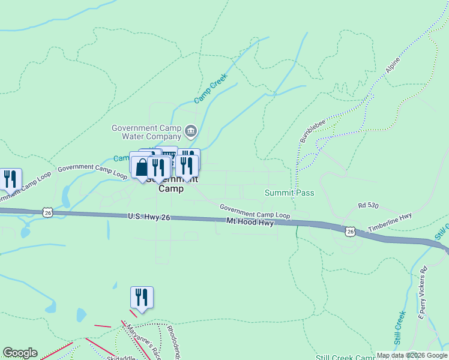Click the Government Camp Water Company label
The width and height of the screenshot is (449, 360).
(x=146, y=131)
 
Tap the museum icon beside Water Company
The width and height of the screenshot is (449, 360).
(x=191, y=130)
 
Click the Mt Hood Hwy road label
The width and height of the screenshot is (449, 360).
(x=250, y=222)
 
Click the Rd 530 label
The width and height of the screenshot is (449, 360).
(x=368, y=205)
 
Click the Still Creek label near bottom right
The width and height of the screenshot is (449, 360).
(x=400, y=328)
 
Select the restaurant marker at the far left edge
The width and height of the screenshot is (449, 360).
(x=10, y=179)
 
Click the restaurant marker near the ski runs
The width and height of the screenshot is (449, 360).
(x=142, y=298)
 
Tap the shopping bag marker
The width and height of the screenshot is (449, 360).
(x=141, y=168)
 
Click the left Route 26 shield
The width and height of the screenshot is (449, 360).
(x=48, y=212)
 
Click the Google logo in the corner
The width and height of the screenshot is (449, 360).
(x=20, y=353)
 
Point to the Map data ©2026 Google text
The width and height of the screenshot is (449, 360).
(x=412, y=355)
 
